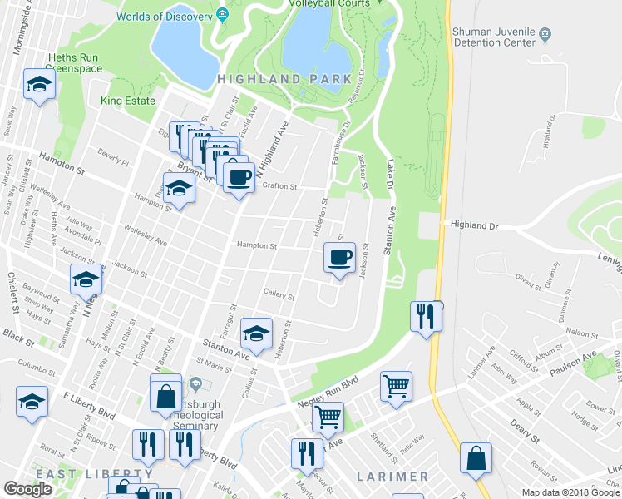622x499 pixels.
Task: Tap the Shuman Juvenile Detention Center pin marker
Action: coord(545,34)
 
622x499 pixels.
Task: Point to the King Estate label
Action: coord(128,101)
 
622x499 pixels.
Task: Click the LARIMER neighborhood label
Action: coord(392,477)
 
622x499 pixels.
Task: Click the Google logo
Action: coord(27,489)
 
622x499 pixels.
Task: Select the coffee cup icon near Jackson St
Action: coord(339,258)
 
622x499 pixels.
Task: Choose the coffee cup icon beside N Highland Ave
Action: coord(239,176)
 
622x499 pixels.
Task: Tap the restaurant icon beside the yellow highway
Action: coord(423,316)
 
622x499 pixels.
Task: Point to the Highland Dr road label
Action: coord(474,225)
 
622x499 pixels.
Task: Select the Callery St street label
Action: coord(279,295)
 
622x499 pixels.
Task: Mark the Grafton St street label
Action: coord(279,186)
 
